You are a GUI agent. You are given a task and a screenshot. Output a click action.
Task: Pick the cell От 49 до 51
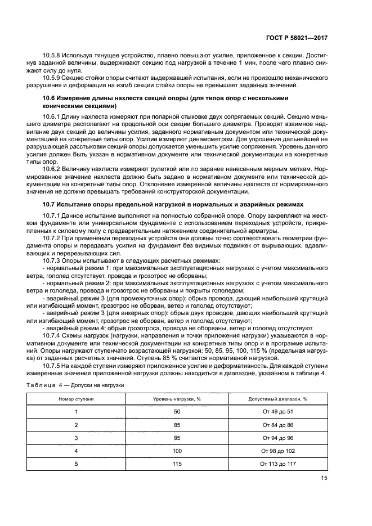point(277,412)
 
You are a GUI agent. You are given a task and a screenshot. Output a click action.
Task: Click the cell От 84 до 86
point(277,425)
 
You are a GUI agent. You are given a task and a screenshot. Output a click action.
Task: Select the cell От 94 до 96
point(277,438)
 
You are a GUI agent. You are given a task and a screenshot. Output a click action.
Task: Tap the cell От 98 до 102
point(277,451)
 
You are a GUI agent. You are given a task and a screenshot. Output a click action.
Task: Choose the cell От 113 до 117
point(277,464)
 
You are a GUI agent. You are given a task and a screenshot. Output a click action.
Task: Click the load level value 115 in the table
point(177,464)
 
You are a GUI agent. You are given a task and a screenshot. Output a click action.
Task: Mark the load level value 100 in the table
point(177,451)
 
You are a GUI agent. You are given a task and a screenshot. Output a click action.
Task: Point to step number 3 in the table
point(77,438)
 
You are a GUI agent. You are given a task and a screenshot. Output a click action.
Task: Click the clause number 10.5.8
point(52,57)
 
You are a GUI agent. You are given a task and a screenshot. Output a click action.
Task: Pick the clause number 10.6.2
point(52,168)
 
